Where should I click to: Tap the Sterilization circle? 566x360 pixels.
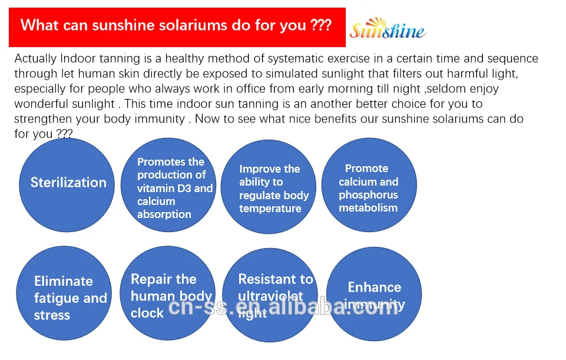[69, 183]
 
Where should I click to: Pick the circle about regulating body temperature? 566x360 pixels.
[269, 187]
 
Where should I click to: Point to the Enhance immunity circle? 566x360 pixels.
[374, 295]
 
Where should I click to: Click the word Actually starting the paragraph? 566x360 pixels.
[36, 59]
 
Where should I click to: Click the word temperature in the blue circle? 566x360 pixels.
[270, 209]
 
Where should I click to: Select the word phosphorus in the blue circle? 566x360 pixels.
[369, 195]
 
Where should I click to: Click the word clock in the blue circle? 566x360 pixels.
[147, 313]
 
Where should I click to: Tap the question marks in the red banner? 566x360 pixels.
[320, 25]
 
